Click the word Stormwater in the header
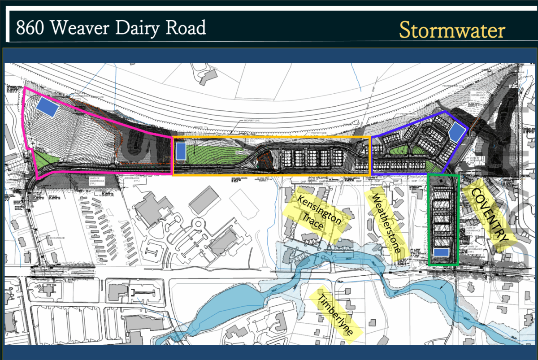pos(452,30)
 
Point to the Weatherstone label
pos(385,223)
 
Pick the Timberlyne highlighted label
pos(335,313)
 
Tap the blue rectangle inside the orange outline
pos(181,151)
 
